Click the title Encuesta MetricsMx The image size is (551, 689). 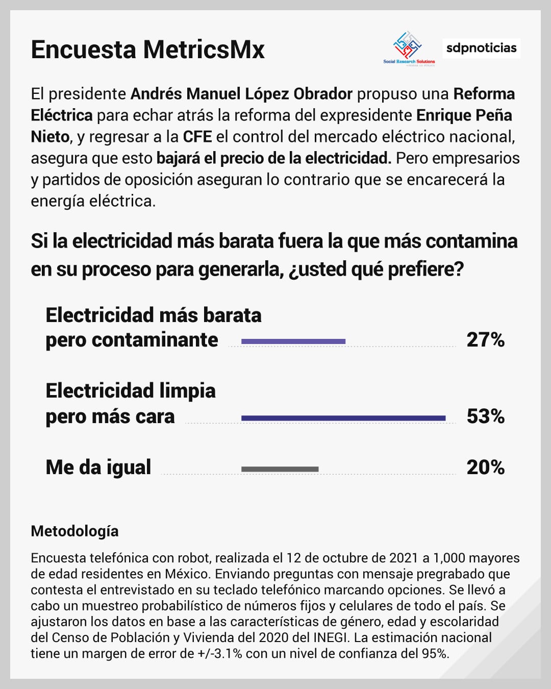(x=147, y=50)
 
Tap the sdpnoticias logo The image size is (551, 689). (x=481, y=48)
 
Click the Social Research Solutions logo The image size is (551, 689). (x=409, y=48)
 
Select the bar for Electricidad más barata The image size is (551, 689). (x=293, y=341)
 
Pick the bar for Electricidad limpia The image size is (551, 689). (x=343, y=418)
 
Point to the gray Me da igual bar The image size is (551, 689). (x=280, y=469)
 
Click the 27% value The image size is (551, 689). (x=485, y=340)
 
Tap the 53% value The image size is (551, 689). (x=485, y=416)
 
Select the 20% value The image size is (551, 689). (x=485, y=467)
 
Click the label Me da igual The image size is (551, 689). (x=98, y=467)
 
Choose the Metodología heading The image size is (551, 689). (x=74, y=531)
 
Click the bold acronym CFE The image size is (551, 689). (x=197, y=137)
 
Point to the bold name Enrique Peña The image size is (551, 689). (x=464, y=115)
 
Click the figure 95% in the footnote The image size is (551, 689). (x=435, y=653)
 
